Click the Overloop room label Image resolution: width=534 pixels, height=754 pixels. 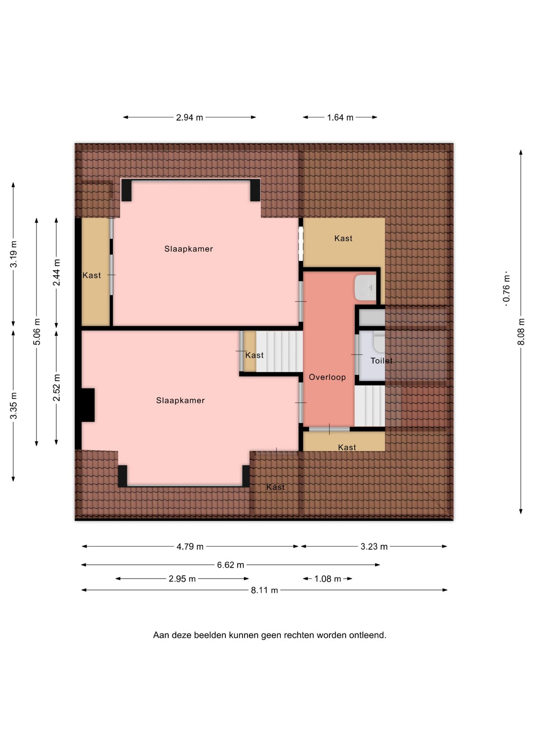click(x=327, y=377)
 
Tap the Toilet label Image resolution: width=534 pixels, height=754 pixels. click(x=381, y=361)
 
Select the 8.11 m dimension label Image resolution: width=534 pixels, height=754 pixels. click(x=264, y=590)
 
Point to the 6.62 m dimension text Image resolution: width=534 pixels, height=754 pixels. click(x=230, y=565)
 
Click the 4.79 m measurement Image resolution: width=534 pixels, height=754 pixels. click(x=190, y=547)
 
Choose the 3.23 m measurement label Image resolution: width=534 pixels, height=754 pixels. click(x=374, y=547)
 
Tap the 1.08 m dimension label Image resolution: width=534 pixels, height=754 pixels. click(x=328, y=579)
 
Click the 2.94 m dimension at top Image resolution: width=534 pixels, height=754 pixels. click(x=190, y=117)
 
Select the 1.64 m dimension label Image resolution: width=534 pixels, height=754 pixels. click(x=340, y=117)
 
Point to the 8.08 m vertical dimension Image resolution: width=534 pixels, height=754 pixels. click(x=521, y=332)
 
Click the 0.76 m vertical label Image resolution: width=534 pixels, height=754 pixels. click(x=506, y=288)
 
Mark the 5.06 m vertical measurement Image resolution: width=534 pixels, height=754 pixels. click(x=37, y=332)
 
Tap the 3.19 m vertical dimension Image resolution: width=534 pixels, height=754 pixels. click(x=14, y=254)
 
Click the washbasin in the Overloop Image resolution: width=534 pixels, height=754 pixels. click(x=365, y=287)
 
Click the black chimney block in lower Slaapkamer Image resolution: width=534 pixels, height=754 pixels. click(x=88, y=405)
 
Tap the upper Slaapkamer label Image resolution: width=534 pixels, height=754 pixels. click(x=189, y=249)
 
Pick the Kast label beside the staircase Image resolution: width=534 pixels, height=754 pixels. click(x=254, y=355)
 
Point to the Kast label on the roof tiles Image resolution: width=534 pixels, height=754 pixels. click(x=276, y=487)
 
